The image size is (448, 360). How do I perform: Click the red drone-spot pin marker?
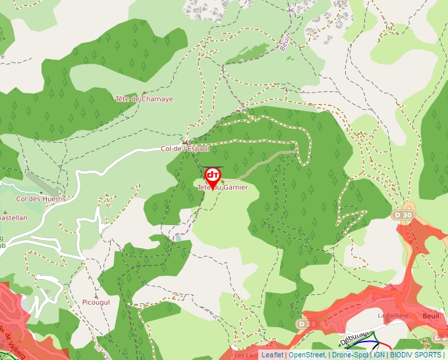coord(212,176)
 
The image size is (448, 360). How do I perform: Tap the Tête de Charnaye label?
coord(144,99)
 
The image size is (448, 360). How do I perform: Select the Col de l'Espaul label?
coord(185,149)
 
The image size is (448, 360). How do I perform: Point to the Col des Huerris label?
coord(42,198)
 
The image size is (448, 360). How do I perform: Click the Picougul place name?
coord(96,302)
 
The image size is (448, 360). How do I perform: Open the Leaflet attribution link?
coord(272,355)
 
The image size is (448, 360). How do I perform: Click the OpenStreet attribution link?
coord(307,355)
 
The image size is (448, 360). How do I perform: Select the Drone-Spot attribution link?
coord(350,355)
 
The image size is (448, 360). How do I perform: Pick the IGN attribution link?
coord(379,355)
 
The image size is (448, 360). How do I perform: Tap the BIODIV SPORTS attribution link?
coord(415,355)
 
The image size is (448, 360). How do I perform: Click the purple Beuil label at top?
coord(285,44)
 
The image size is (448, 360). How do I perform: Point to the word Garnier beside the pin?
coord(235,188)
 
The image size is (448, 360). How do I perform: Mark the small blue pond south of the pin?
coord(177,237)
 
